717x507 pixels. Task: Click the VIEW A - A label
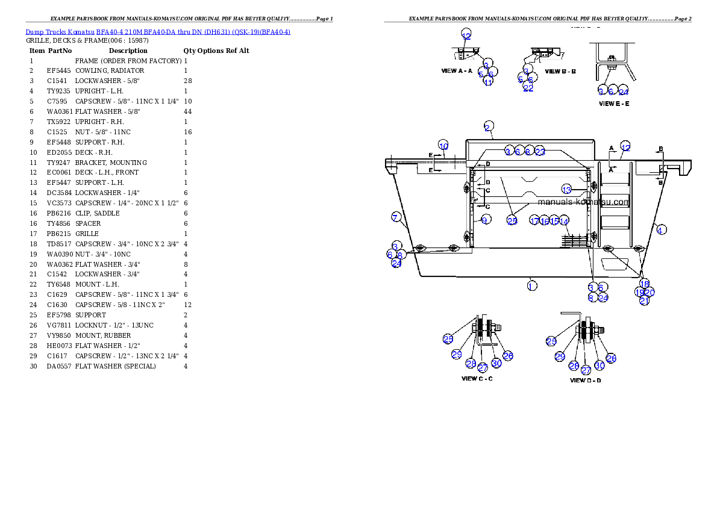(457, 71)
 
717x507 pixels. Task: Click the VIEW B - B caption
(560, 71)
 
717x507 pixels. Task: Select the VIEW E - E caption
(614, 104)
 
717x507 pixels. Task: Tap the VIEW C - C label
(477, 379)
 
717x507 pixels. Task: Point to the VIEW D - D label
(585, 380)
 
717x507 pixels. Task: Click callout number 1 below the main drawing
(531, 285)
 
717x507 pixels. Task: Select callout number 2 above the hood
(489, 126)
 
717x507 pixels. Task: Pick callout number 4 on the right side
(662, 230)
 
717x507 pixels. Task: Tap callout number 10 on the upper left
(443, 146)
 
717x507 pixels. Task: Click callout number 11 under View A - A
(489, 82)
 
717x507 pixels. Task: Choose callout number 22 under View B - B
(528, 88)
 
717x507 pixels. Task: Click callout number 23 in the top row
(540, 152)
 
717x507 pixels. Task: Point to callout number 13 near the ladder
(566, 190)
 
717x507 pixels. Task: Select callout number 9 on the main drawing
(484, 221)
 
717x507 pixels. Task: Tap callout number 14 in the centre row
(564, 222)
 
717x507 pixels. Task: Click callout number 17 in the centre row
(534, 221)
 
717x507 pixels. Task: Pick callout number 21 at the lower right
(645, 301)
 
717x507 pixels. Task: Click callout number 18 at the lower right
(645, 284)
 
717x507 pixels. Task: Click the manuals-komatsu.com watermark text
(583, 202)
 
